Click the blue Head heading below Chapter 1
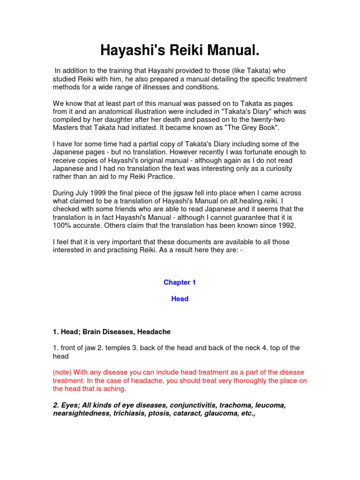[x=180, y=299]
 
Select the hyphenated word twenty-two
[x=281, y=120]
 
